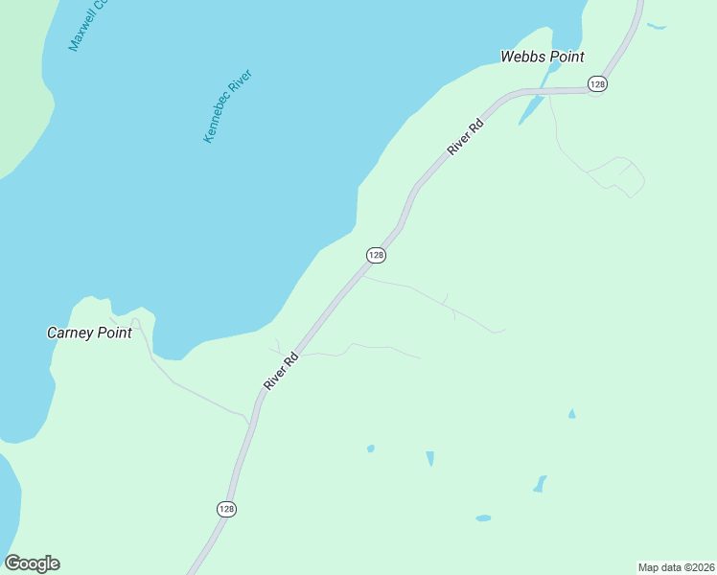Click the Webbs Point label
tap(542, 57)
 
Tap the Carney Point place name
tap(89, 333)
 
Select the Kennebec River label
tap(227, 106)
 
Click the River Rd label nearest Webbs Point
tap(467, 136)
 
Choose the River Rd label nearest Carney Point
tap(282, 371)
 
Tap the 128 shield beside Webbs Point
tap(598, 84)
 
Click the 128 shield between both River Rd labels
tap(376, 255)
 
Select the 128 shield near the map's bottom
tap(226, 509)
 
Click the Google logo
tap(32, 563)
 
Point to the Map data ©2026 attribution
tap(676, 567)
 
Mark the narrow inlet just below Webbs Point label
tap(530, 108)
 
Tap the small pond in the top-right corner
tap(656, 26)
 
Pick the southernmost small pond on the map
tap(483, 518)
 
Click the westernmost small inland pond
tap(370, 448)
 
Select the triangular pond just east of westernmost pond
tap(430, 458)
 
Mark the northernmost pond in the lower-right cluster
tap(572, 414)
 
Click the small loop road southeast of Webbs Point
tap(623, 174)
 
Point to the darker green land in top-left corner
tap(21, 77)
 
